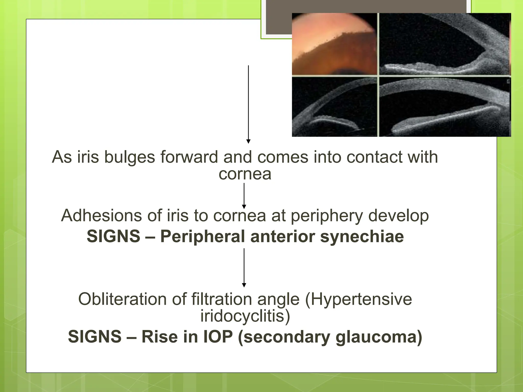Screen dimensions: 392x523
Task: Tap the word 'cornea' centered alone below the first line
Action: (x=245, y=174)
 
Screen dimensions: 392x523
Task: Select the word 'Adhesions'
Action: (x=101, y=216)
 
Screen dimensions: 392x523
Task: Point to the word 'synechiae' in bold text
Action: (x=362, y=236)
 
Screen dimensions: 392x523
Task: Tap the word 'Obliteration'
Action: (x=122, y=299)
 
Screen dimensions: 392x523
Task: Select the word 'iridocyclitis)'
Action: (x=245, y=316)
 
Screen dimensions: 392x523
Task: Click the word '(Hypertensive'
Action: (x=358, y=299)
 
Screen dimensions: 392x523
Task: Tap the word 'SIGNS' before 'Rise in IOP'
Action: (x=95, y=337)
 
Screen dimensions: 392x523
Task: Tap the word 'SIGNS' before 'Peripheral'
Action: (x=113, y=236)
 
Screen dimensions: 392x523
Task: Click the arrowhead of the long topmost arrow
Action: (x=248, y=141)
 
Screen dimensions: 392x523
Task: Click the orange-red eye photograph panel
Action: (x=334, y=44)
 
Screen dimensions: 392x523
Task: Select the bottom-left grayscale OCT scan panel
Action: (x=334, y=107)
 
